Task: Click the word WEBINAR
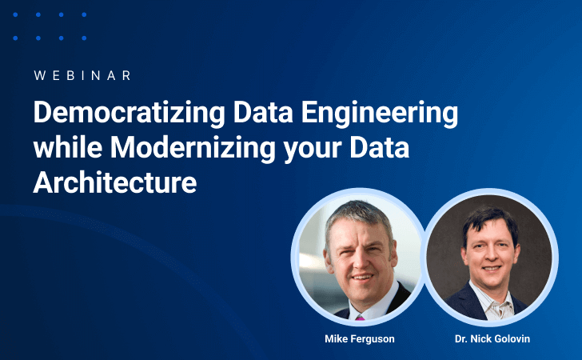pos(83,75)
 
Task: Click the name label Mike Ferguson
pos(359,339)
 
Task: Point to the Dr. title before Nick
pos(460,339)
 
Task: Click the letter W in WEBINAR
pos(39,75)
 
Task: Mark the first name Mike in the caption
pos(336,339)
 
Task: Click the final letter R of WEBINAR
pos(127,75)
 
